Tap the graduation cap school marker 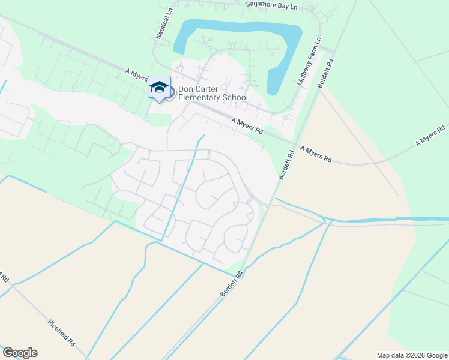pos(159,87)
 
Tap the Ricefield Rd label pos(61,332)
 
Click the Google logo pos(19,353)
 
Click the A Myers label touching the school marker pos(136,75)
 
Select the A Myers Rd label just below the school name pos(247,126)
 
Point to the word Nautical pos(162,27)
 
